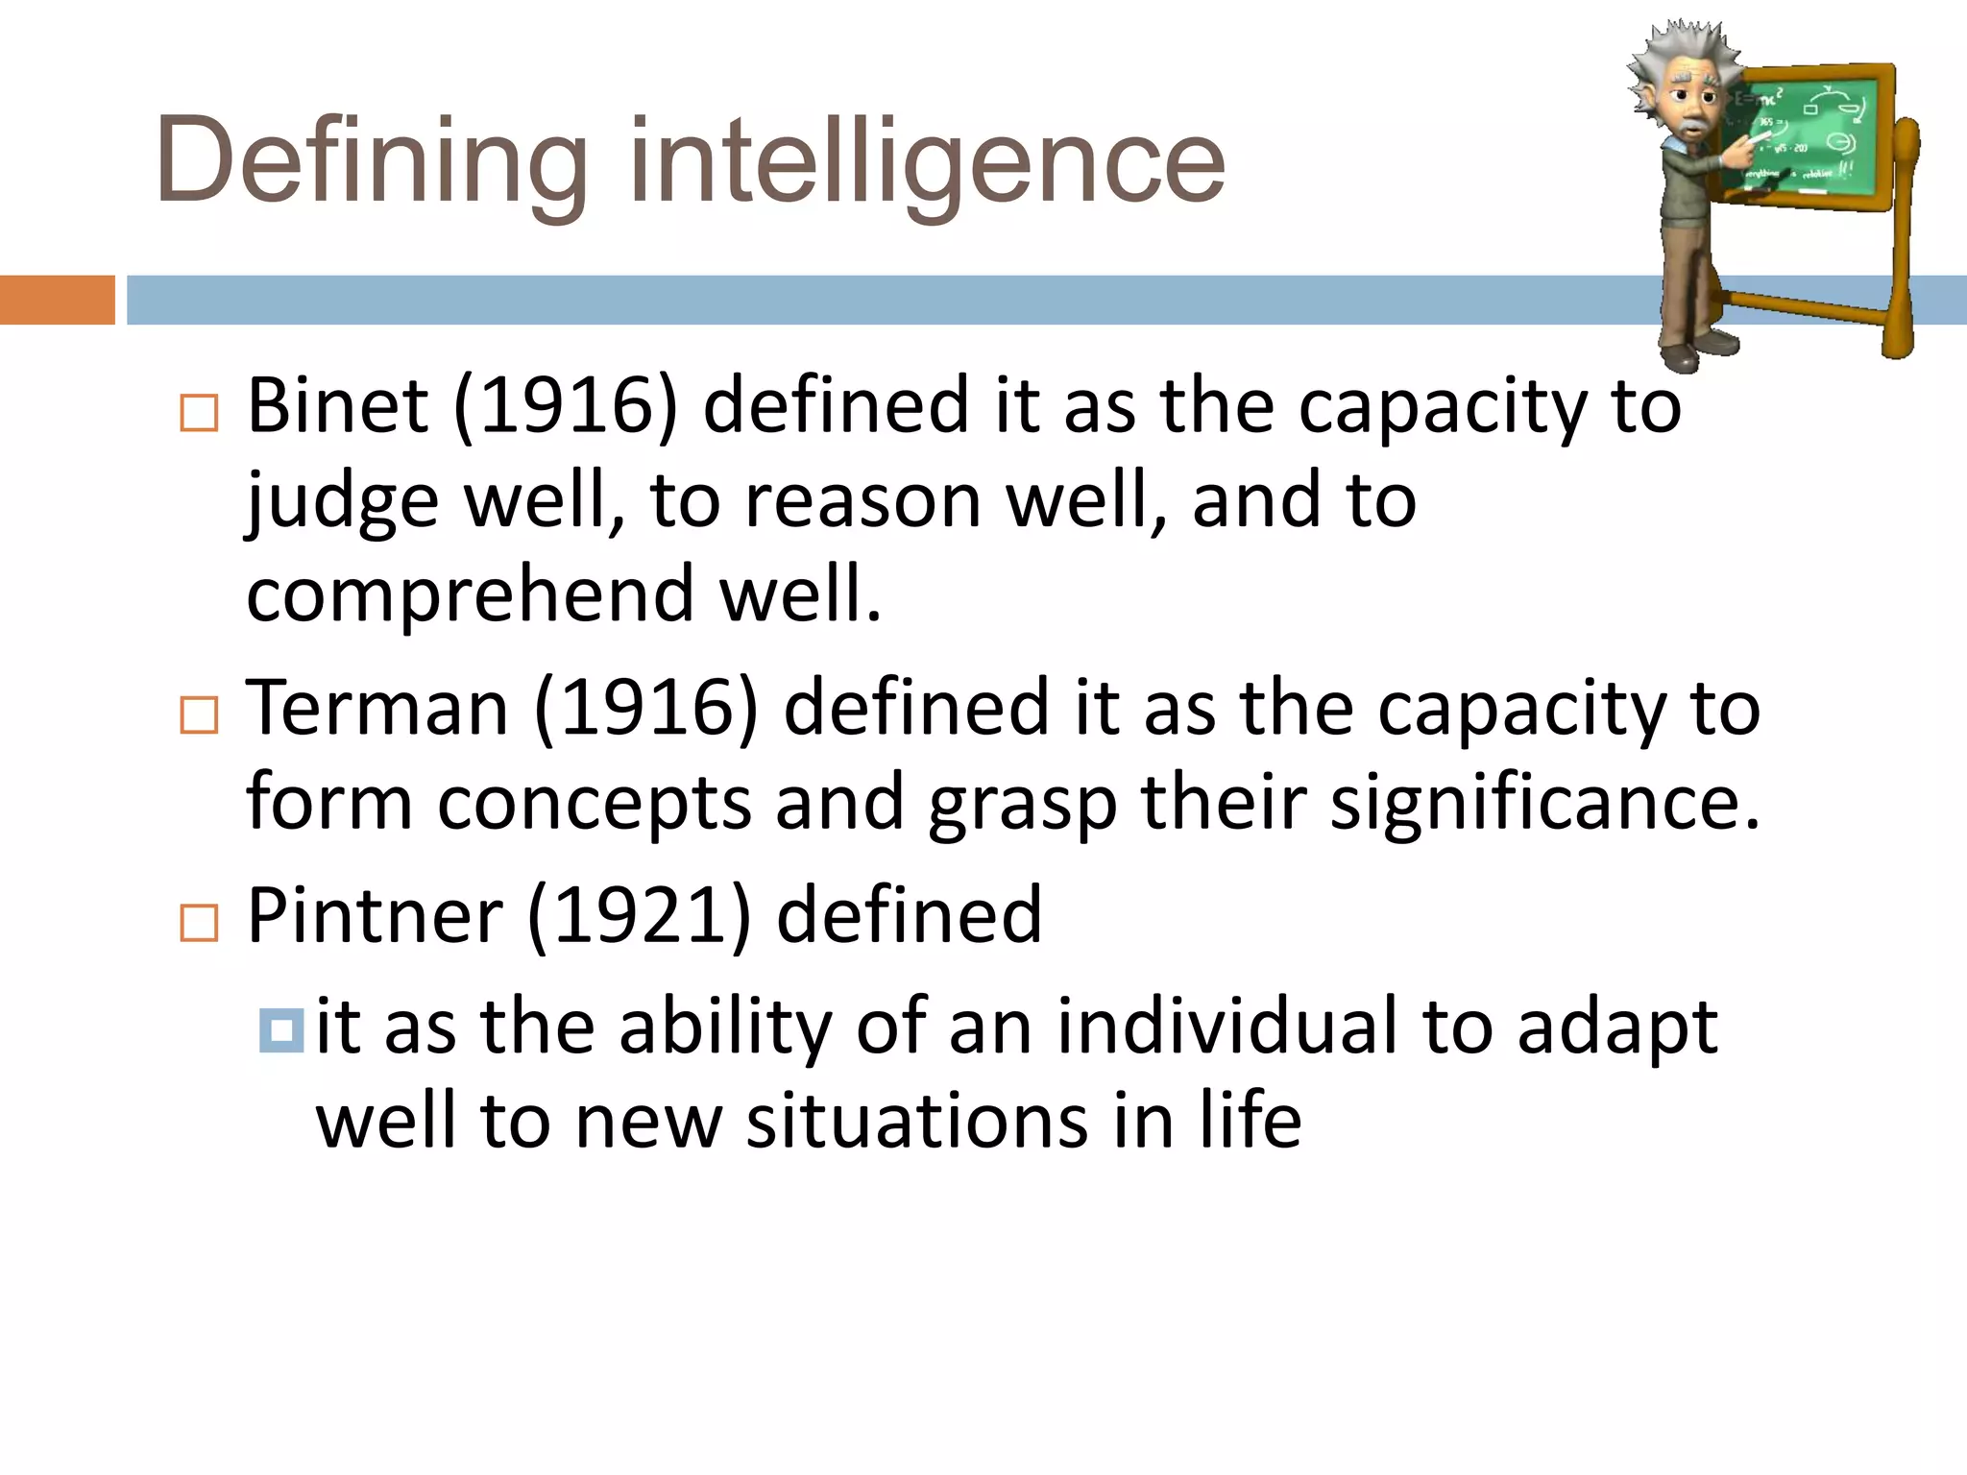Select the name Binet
pos(337,405)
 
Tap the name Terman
pos(377,708)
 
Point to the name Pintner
pos(375,915)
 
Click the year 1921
pos(639,915)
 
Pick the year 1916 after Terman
pos(646,708)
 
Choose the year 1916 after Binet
pos(566,405)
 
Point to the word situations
pos(917,1121)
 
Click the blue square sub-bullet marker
pos(281,1030)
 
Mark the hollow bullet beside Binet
pos(200,413)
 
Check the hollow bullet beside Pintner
pos(200,923)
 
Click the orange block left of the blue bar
pos(57,300)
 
